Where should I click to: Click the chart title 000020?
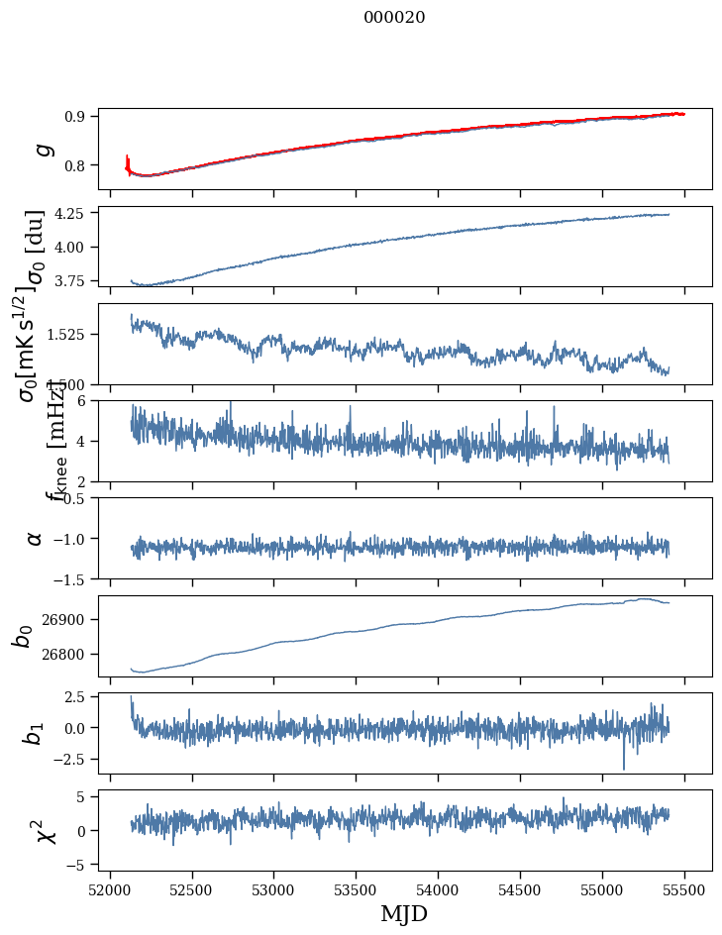[394, 17]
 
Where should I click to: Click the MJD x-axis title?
[405, 913]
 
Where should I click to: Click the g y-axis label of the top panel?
[42, 149]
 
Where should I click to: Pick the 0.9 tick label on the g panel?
[79, 116]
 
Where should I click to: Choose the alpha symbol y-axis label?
[35, 538]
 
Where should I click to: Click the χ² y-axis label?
[45, 830]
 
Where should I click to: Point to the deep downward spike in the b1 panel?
[624, 767]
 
